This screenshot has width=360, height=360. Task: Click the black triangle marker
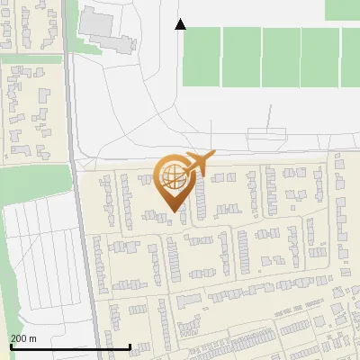(181, 24)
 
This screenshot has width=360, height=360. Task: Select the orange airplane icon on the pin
(199, 163)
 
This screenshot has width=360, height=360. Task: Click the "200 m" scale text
(23, 338)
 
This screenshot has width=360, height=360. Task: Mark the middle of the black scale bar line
(70, 346)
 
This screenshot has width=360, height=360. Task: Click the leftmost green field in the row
(202, 56)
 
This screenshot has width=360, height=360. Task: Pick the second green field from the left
(241, 56)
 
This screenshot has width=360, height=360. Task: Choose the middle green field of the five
(281, 56)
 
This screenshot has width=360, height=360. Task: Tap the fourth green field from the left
(319, 56)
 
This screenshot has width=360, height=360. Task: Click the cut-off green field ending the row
(351, 56)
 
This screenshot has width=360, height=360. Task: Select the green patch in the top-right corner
(342, 9)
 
